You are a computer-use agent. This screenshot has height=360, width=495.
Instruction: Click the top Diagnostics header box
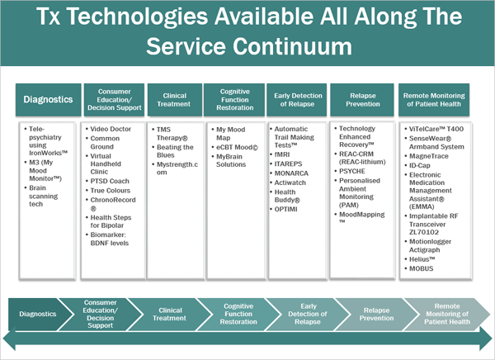point(47,101)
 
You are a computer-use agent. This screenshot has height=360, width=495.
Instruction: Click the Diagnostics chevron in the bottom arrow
point(36,315)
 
